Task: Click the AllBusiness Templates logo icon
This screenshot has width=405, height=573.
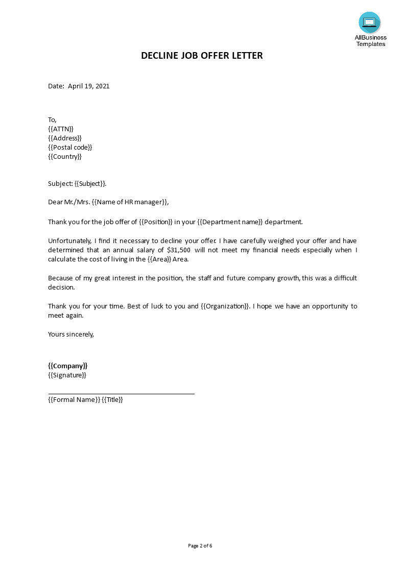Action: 370,22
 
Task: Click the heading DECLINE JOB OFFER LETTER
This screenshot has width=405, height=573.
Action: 202,56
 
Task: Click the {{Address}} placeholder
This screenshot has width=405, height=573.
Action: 65,138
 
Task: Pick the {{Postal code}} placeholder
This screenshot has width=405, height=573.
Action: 70,148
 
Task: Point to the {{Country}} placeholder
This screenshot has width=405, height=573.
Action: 65,157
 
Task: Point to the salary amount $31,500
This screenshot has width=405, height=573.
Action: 179,250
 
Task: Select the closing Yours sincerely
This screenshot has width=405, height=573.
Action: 71,335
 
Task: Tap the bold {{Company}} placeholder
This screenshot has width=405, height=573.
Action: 68,366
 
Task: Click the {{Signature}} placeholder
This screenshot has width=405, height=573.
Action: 67,375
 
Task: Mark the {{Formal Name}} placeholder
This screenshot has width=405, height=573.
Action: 74,400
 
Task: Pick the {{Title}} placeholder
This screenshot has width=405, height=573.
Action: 112,400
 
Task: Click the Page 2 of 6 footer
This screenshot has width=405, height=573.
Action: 200,546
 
